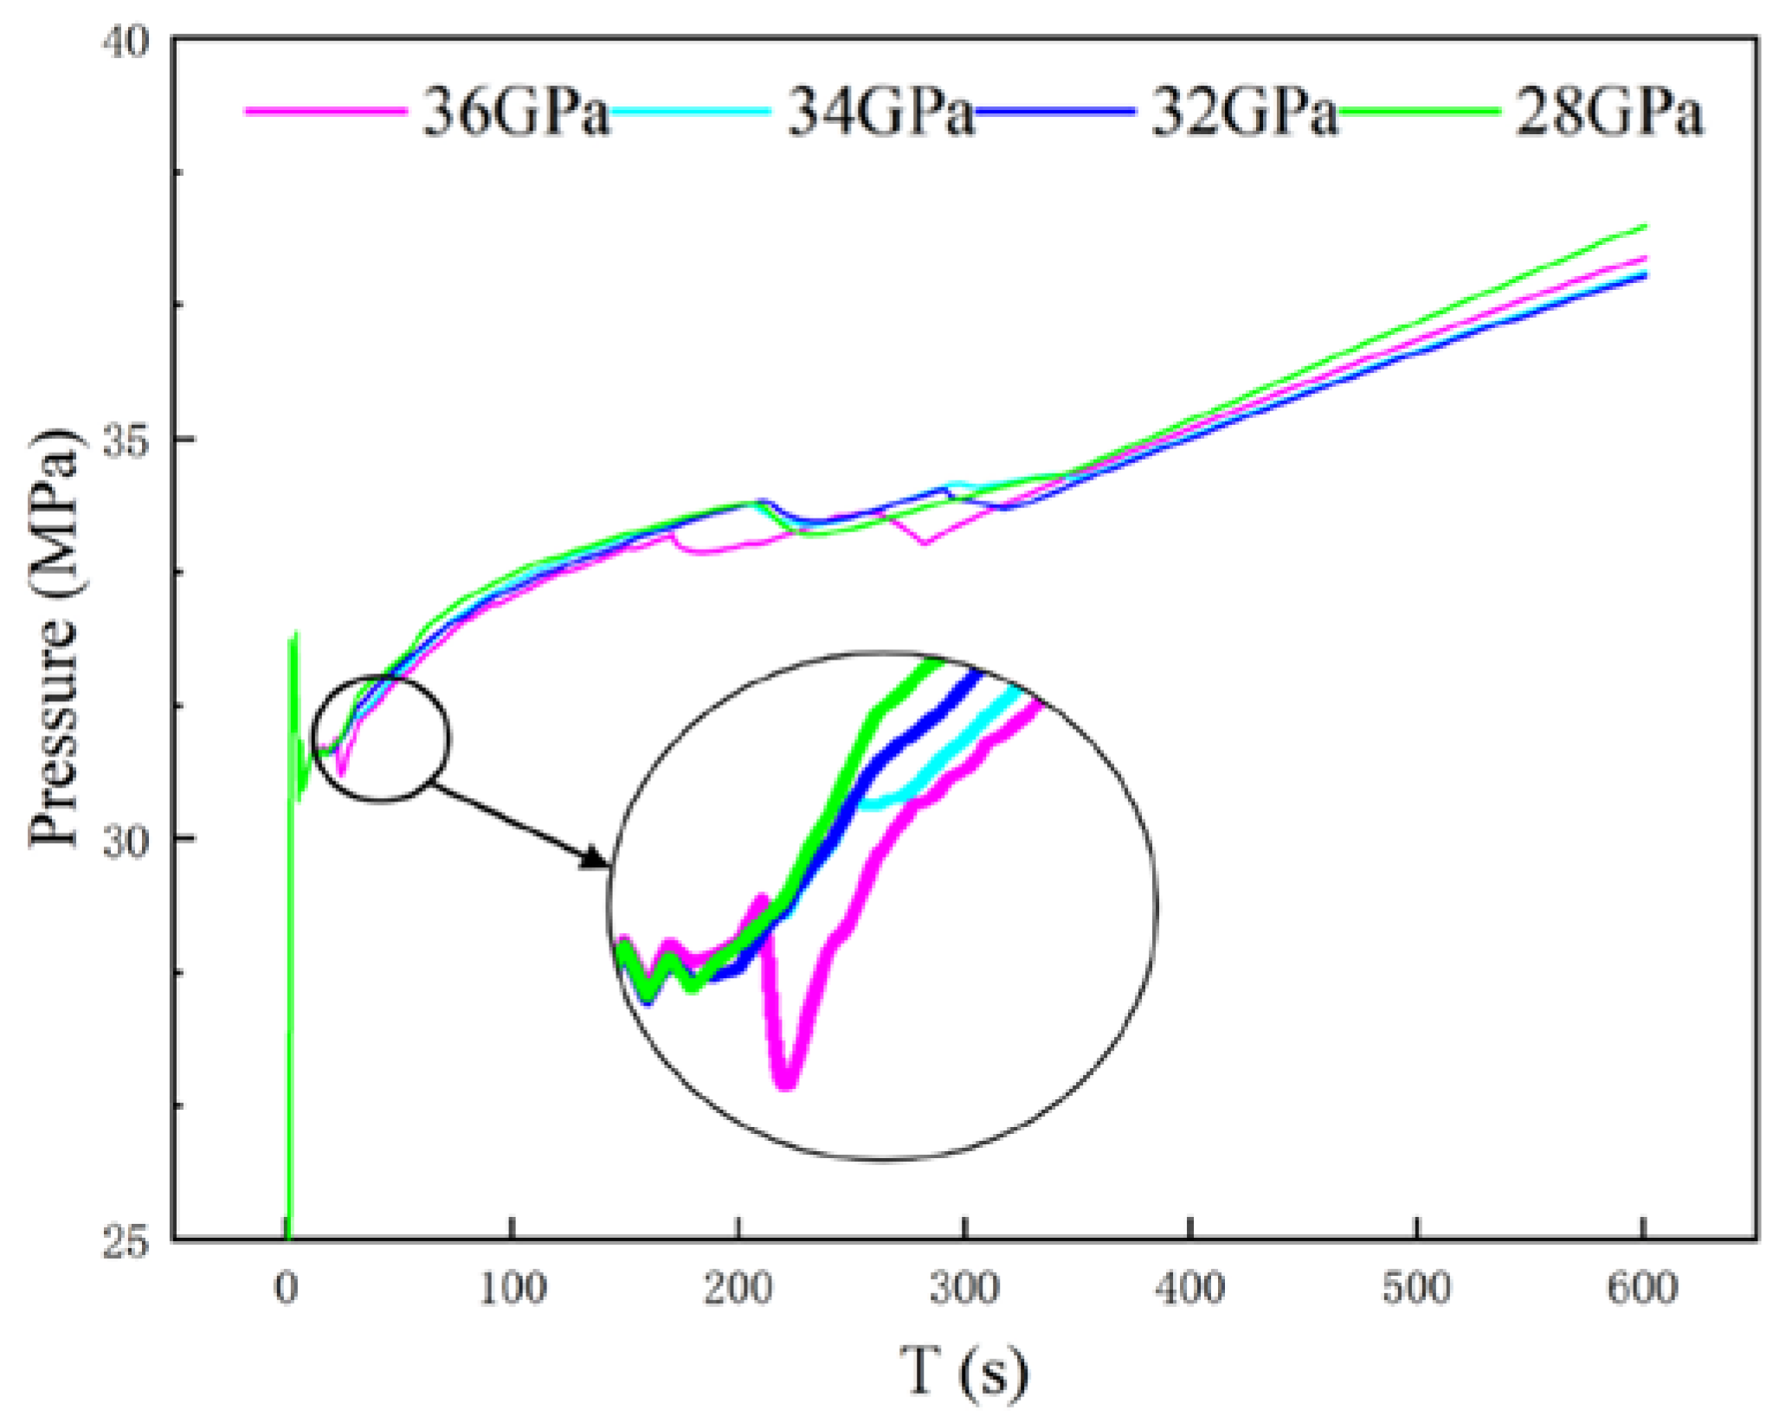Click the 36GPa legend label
(x=516, y=113)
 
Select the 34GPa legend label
(x=880, y=113)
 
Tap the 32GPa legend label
(x=1244, y=113)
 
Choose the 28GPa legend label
(x=1609, y=113)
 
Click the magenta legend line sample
(x=326, y=111)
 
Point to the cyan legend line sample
(x=690, y=111)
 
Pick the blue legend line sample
(x=1054, y=111)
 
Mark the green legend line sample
(x=1419, y=111)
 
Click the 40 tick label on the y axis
(x=126, y=42)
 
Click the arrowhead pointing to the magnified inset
(x=596, y=859)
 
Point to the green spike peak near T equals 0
(x=295, y=634)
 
